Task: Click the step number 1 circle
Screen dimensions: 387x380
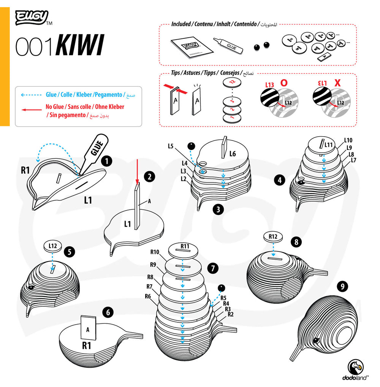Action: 108,161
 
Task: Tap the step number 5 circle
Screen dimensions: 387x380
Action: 69,252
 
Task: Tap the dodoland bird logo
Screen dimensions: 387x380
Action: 355,368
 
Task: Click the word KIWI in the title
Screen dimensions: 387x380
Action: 80,47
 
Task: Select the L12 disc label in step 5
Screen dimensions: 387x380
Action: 53,246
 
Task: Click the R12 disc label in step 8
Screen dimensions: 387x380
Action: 273,237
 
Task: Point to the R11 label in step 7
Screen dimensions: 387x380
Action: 185,246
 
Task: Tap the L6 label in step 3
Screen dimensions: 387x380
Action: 233,154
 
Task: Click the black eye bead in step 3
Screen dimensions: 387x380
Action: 191,145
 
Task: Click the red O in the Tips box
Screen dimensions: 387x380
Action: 283,82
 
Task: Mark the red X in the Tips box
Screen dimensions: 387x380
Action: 337,82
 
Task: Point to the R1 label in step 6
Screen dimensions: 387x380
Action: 87,345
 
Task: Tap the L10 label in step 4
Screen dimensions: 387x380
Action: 348,140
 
